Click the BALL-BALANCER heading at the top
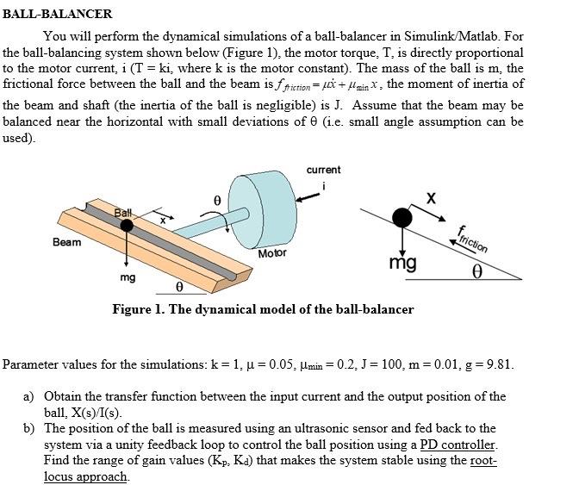coord(58,14)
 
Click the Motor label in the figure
coord(272,253)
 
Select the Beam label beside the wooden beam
coord(67,242)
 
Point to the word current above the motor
coord(323,170)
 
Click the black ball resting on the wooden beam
coord(127,226)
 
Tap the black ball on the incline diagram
coord(401,216)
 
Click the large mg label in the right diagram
coord(402,262)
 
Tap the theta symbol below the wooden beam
coord(179,286)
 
